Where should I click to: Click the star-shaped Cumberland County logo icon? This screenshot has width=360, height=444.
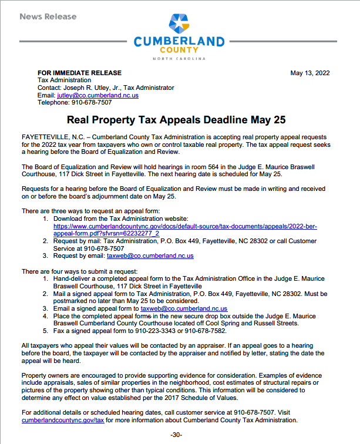click(179, 23)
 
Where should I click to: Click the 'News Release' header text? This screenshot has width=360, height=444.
click(48, 16)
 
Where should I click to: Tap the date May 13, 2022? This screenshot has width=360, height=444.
click(310, 73)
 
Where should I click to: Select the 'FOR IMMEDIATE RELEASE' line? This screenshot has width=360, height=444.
click(79, 73)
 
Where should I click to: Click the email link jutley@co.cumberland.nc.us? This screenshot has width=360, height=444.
click(97, 95)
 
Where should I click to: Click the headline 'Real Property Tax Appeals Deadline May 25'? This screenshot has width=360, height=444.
click(176, 120)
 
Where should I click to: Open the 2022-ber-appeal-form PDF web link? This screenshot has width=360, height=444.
click(185, 226)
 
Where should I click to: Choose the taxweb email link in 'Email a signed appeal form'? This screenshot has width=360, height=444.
click(184, 308)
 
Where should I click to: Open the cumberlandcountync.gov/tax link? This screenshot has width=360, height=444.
click(63, 421)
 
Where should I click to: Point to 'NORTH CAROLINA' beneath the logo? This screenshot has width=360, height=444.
click(179, 59)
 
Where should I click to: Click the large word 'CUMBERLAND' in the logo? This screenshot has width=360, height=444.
click(179, 42)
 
